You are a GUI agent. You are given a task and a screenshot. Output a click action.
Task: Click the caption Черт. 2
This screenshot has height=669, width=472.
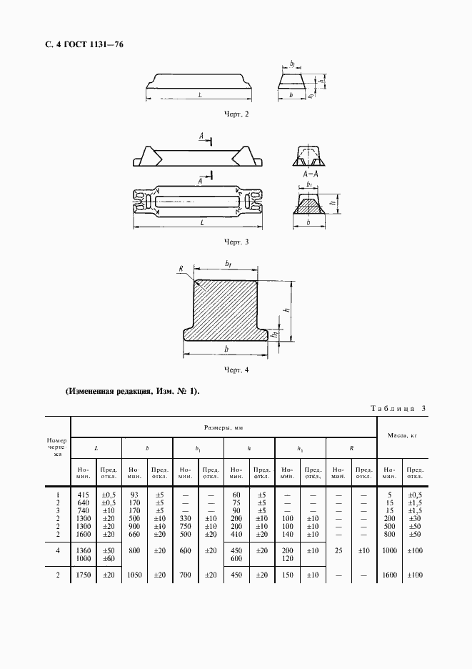click(x=236, y=114)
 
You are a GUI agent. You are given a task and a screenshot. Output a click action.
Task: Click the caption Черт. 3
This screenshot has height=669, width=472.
click(x=236, y=242)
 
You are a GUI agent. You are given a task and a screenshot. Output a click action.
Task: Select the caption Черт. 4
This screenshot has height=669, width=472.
click(x=236, y=370)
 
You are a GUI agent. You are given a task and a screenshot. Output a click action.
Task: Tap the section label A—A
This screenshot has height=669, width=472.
click(x=309, y=173)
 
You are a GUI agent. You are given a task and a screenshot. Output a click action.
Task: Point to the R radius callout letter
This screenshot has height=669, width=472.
click(x=181, y=269)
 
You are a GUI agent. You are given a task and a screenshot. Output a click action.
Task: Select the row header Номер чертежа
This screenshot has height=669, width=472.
click(x=56, y=447)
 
